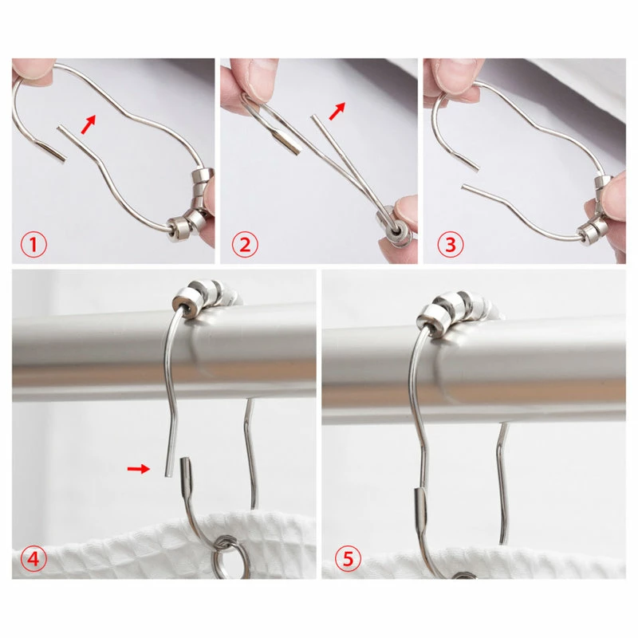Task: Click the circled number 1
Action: pyautogui.click(x=33, y=245)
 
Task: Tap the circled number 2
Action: pyautogui.click(x=245, y=245)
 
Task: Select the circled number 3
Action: pyautogui.click(x=451, y=245)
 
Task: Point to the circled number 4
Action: pyautogui.click(x=33, y=558)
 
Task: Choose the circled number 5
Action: pyautogui.click(x=349, y=558)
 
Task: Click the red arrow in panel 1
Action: pyautogui.click(x=89, y=124)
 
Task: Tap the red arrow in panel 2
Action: pyautogui.click(x=337, y=111)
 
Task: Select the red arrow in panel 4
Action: pyautogui.click(x=138, y=469)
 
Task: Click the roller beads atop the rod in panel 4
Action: pyautogui.click(x=206, y=296)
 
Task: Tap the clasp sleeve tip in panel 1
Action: pyautogui.click(x=52, y=152)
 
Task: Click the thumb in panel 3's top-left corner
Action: pyautogui.click(x=457, y=78)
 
